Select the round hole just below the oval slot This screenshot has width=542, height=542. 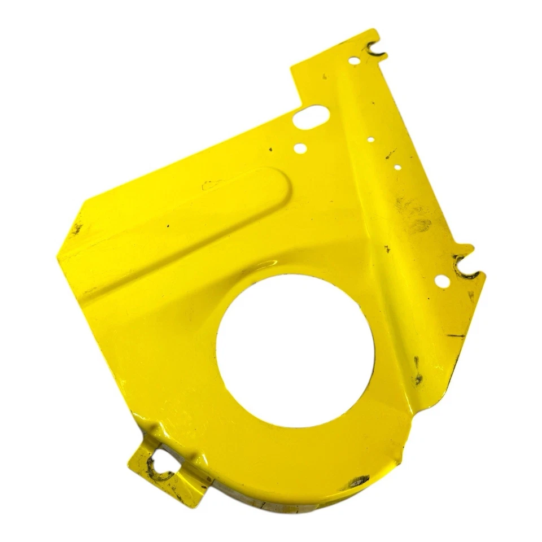click(x=300, y=148)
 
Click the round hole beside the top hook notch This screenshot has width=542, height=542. click(x=353, y=59)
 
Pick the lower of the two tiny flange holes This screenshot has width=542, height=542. click(x=397, y=167)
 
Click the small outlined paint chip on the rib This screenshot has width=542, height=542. click(x=212, y=185)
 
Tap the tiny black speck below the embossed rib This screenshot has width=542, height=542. click(x=168, y=225)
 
